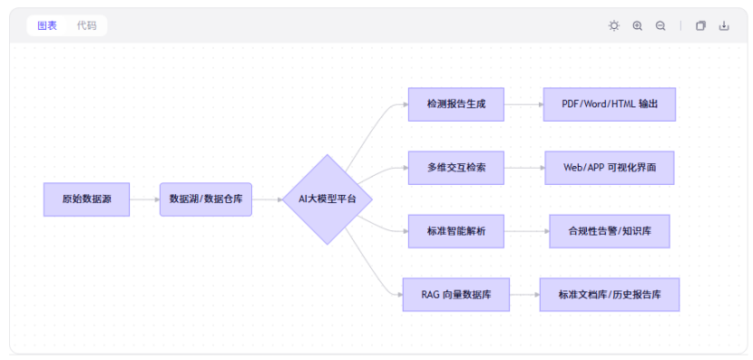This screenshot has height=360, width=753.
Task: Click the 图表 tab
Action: click(x=47, y=25)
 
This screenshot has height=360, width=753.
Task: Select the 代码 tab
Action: click(x=86, y=25)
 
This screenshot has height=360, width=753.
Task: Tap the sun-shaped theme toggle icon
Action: click(x=614, y=26)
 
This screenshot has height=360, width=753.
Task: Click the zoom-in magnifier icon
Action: click(x=638, y=26)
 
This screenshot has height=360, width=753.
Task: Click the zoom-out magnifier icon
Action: click(x=660, y=26)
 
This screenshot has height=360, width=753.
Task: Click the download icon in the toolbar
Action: click(x=724, y=26)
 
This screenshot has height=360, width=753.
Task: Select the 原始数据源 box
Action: click(x=86, y=199)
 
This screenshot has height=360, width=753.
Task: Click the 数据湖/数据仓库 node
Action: click(x=205, y=199)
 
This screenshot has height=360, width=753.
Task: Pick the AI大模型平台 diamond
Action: click(x=328, y=199)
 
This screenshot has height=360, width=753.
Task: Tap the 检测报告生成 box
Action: click(x=455, y=104)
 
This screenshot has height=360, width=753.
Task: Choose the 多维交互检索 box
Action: click(x=455, y=168)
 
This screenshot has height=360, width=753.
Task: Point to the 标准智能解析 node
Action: click(x=455, y=231)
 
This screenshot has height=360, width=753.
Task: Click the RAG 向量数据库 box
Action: click(x=455, y=295)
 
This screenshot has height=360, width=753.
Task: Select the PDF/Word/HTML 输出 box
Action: click(x=609, y=104)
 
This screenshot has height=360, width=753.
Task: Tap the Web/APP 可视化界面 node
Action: click(x=609, y=168)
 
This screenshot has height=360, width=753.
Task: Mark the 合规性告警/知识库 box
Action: click(x=609, y=231)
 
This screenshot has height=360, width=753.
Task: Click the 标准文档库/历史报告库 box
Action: click(x=609, y=295)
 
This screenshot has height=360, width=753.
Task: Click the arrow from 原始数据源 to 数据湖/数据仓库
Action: click(x=144, y=199)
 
